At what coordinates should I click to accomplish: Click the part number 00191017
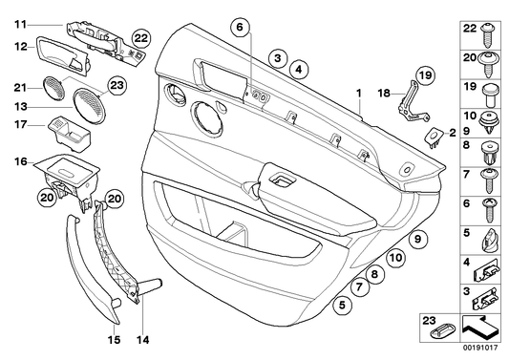[482, 351]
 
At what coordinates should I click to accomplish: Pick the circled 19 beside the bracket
[424, 74]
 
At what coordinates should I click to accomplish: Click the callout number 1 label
[359, 95]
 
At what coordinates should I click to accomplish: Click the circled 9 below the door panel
[417, 241]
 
